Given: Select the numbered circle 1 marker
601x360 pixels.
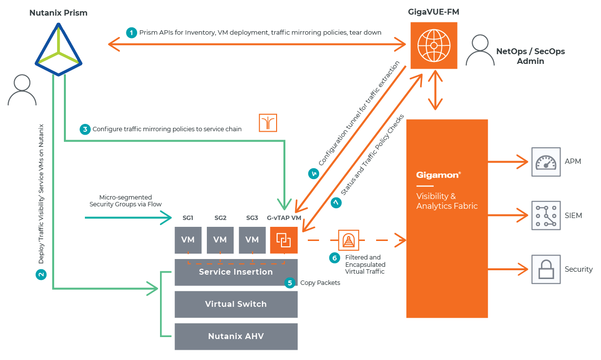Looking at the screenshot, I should tap(131, 33).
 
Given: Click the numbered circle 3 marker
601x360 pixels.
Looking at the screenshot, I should tap(85, 129).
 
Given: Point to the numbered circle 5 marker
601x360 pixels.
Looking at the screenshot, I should tap(290, 283).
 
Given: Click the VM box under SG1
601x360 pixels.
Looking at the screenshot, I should tap(188, 240).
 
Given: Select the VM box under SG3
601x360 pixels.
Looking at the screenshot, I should tap(252, 240).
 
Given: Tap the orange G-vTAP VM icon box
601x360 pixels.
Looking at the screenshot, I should tap(283, 240).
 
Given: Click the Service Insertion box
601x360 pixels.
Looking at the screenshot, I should tap(236, 272).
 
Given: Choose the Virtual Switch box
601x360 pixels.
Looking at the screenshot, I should tap(236, 304).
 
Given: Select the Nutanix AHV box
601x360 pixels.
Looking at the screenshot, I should tap(236, 336).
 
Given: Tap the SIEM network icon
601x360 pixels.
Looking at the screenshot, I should tap(545, 215).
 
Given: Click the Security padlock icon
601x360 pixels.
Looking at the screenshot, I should tap(545, 269).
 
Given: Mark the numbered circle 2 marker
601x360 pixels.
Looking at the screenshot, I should tap(41, 274).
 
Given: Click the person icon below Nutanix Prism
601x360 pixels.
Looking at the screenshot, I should tap(21, 90).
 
